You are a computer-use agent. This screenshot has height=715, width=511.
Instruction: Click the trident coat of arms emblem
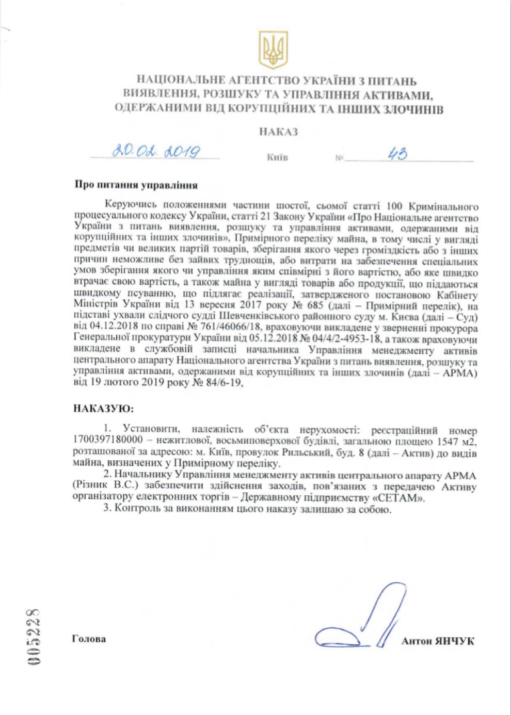[273, 50]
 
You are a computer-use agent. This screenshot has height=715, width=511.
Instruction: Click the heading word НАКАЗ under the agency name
[279, 132]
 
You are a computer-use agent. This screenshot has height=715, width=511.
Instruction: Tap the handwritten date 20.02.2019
[156, 151]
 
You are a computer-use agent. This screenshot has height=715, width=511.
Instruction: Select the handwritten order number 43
[397, 153]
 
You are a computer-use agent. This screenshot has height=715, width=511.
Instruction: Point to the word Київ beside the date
[277, 157]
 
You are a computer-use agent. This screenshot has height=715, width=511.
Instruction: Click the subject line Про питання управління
[136, 185]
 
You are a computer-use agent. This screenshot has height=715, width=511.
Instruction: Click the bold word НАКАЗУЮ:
[103, 409]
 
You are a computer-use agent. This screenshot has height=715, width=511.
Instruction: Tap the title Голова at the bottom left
[89, 639]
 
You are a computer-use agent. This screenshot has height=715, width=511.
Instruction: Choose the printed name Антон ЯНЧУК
[438, 641]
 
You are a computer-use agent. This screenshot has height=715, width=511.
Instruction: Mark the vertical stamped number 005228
[34, 637]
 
